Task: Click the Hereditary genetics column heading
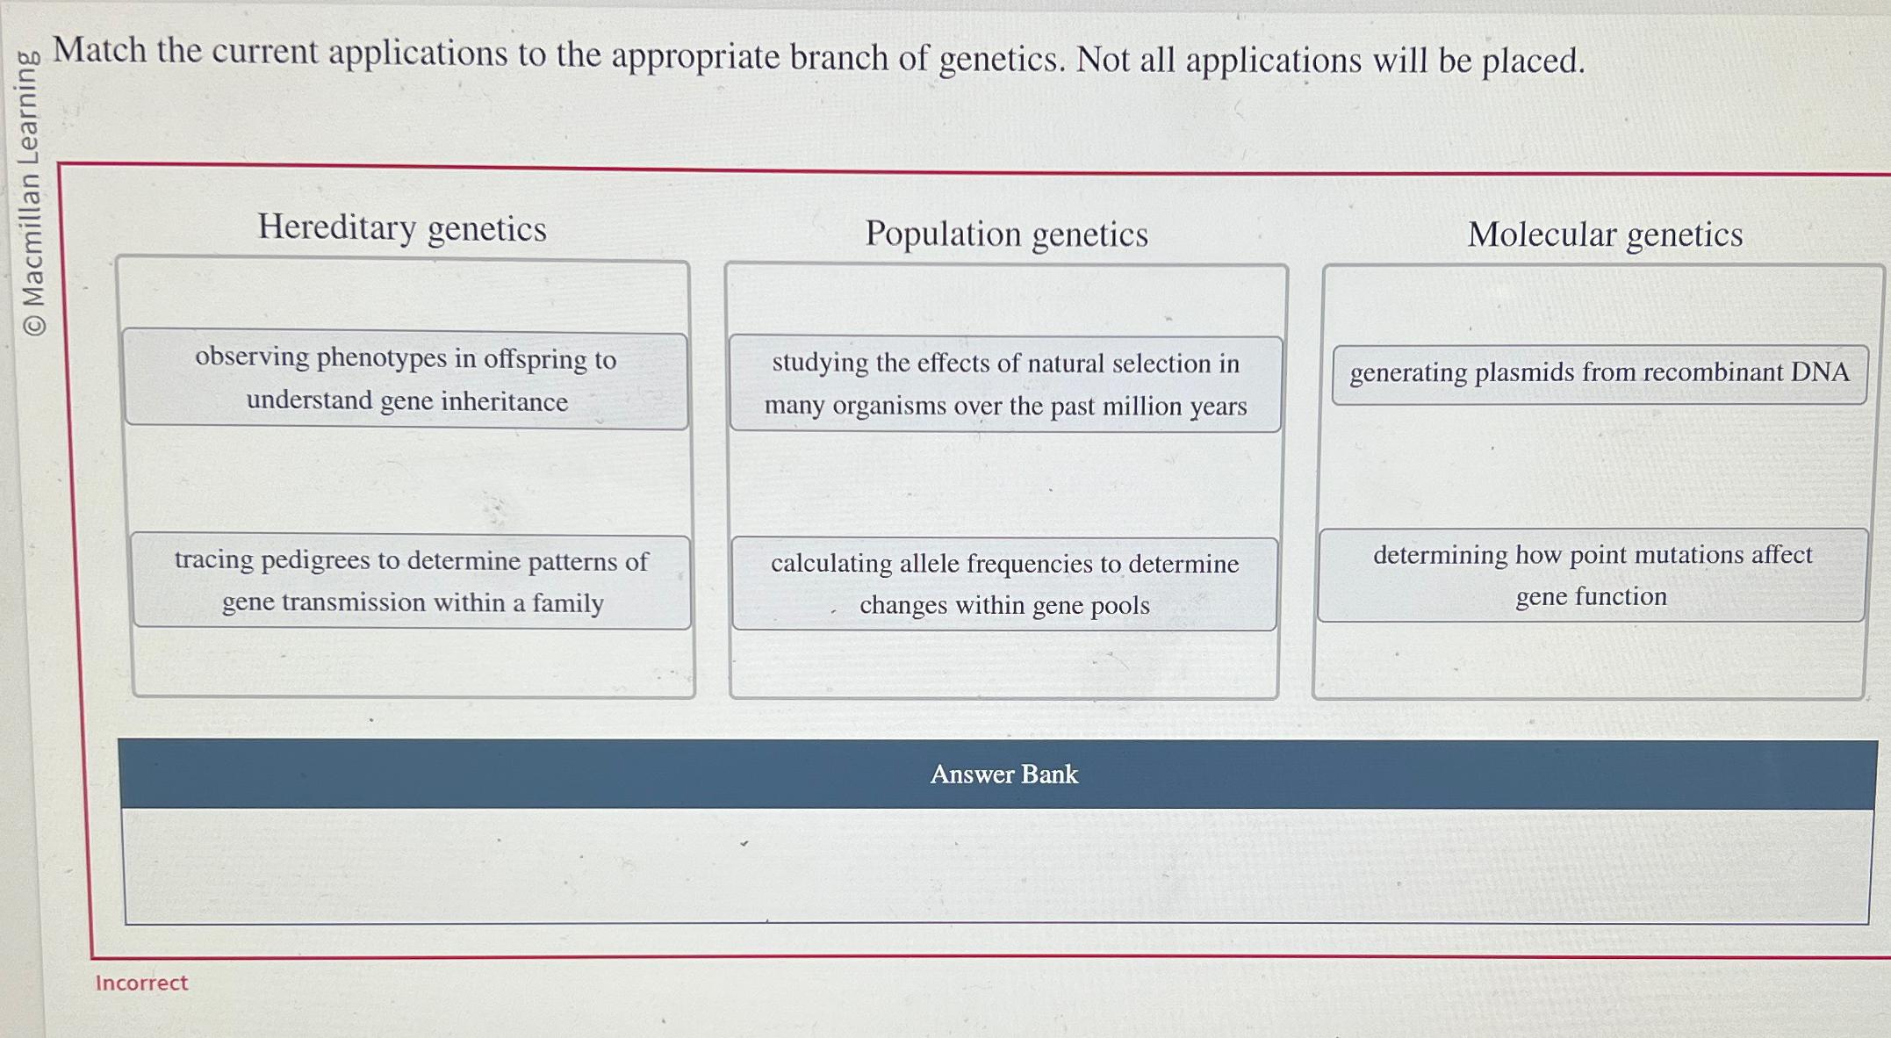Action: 402,228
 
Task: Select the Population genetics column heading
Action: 1006,234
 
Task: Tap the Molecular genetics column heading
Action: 1605,234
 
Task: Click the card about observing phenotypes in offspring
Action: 406,380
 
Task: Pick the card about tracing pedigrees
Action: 411,581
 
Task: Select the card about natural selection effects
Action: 1005,384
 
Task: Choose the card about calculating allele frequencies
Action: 1004,584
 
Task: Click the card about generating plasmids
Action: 1600,373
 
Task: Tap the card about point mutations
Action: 1592,575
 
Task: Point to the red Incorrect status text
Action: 141,983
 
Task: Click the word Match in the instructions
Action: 100,50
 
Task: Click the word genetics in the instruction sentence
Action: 1000,59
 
